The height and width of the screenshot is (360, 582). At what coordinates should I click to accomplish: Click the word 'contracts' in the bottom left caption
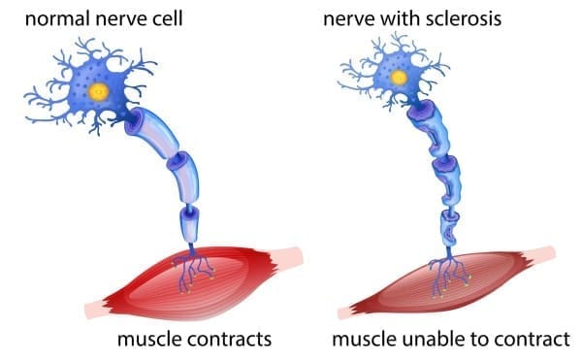tap(226, 340)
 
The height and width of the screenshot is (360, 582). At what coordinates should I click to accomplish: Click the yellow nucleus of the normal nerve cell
tap(99, 92)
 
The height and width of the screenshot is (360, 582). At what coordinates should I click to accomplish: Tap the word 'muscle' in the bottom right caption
tap(362, 340)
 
